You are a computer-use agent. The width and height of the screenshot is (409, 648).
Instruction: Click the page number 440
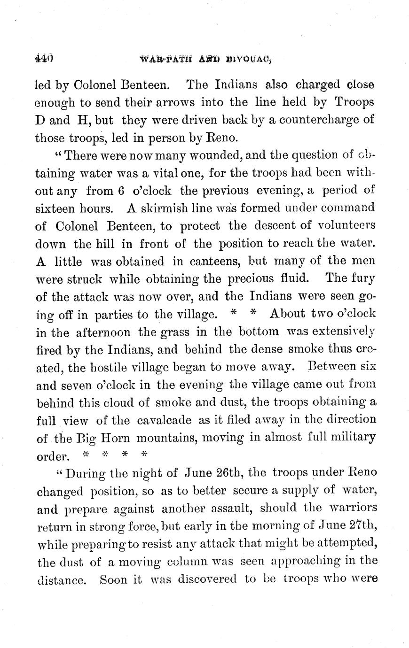[44, 59]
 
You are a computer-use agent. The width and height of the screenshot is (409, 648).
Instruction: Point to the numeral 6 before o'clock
[121, 191]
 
